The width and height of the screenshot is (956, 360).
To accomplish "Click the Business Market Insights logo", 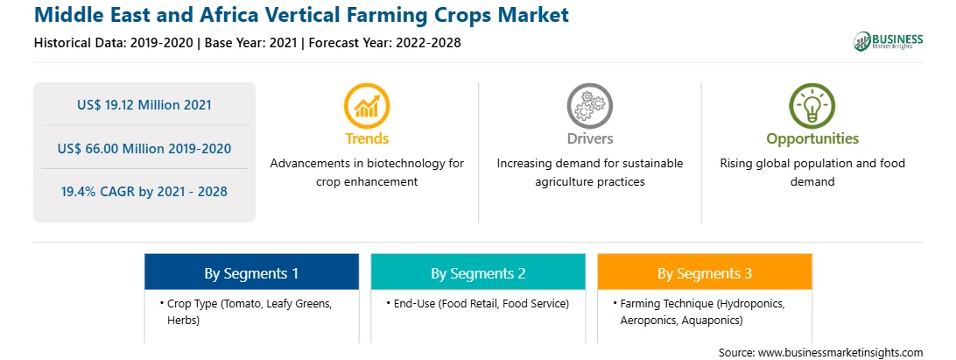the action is pyautogui.click(x=888, y=41).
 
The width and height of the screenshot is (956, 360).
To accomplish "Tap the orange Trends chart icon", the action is pyautogui.click(x=367, y=106).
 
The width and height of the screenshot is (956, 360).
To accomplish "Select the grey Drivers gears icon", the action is pyautogui.click(x=589, y=106).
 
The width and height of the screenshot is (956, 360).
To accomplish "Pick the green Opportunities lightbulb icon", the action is pyautogui.click(x=812, y=106).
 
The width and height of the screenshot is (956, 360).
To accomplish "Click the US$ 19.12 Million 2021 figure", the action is pyautogui.click(x=144, y=105).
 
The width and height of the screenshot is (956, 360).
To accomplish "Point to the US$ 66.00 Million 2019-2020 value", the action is pyautogui.click(x=144, y=148).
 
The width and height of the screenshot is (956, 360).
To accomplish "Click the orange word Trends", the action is pyautogui.click(x=367, y=138).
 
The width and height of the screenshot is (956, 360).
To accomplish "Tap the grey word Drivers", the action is pyautogui.click(x=589, y=138).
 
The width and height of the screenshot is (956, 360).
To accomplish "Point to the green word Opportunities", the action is pyautogui.click(x=812, y=139).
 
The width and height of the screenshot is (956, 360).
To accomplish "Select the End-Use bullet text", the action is pyautogui.click(x=481, y=304).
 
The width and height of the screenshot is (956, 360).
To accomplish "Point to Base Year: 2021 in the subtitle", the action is pyautogui.click(x=250, y=43).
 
